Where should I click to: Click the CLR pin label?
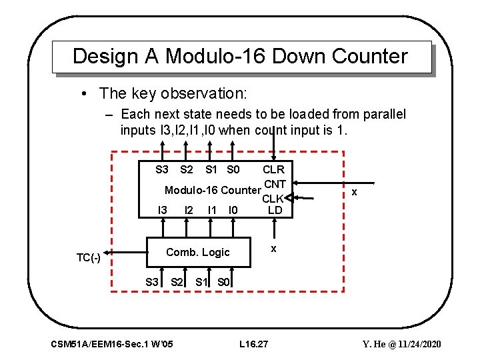[273, 170]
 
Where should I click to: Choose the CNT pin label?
[275, 183]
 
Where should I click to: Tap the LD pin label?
[275, 211]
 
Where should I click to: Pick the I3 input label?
[162, 211]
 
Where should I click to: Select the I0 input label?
[233, 211]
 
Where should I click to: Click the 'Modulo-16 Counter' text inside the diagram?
[212, 191]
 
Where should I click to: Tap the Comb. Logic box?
[198, 252]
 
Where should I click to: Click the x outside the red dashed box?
[354, 192]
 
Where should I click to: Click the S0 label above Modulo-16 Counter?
[233, 170]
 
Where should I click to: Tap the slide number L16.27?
[253, 344]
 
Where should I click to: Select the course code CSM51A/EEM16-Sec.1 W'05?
[112, 344]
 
